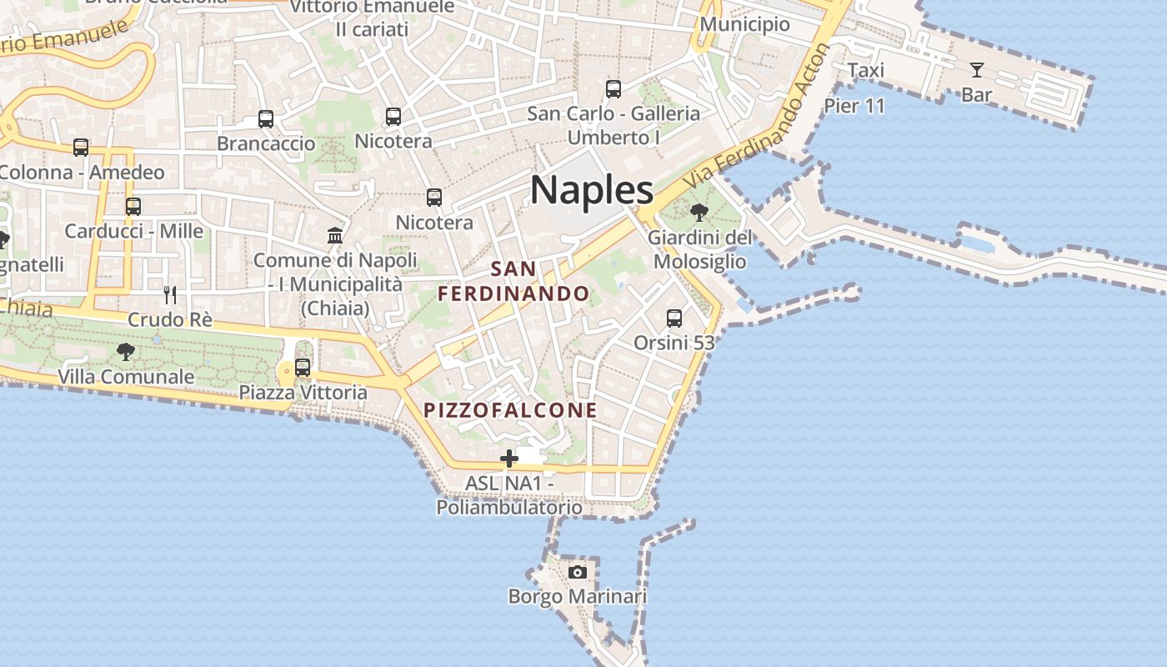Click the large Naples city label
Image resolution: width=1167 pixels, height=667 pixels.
point(592,190)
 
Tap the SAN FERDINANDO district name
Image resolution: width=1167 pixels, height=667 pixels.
point(513,282)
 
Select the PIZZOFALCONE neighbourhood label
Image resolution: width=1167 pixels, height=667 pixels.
point(510,410)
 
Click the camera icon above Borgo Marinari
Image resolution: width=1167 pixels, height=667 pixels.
point(577,572)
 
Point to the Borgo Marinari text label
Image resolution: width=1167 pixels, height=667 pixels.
point(577,597)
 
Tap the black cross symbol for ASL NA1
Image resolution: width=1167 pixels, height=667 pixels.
point(508,459)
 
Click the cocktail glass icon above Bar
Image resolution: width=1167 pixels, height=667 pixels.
point(976,70)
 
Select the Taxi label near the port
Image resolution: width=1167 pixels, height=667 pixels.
point(865,71)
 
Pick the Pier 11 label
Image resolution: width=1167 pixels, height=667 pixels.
point(854,106)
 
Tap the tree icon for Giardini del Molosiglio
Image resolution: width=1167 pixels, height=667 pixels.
point(699,213)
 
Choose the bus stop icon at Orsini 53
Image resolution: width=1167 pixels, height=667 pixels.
point(674,318)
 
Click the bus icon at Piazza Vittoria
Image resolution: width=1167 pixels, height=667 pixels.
point(303,368)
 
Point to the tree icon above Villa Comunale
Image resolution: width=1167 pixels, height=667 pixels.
point(126,352)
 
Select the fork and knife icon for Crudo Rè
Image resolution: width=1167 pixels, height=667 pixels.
point(170,295)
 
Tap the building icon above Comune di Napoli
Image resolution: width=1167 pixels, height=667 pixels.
point(335,235)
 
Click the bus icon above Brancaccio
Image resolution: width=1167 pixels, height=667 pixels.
point(266,119)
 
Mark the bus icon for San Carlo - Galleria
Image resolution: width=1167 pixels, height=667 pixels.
point(614,88)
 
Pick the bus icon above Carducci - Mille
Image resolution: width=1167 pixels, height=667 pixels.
point(133,207)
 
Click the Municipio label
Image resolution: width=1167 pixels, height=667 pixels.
point(744,24)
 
